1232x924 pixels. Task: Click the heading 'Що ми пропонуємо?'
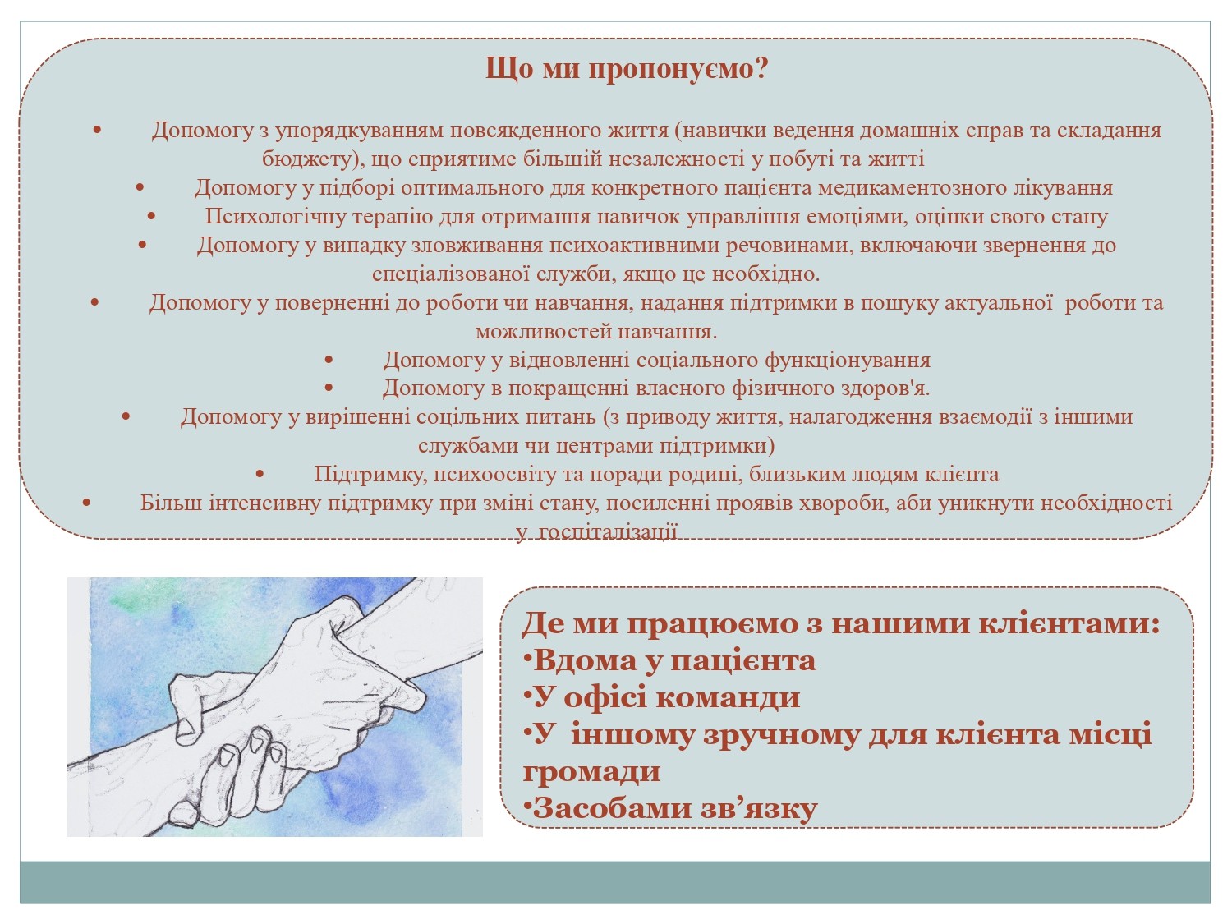click(627, 69)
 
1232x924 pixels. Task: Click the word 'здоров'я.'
click(884, 388)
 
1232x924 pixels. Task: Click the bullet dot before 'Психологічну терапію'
click(153, 217)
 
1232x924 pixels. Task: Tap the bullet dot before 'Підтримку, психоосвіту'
click(260, 475)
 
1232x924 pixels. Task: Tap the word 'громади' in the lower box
click(591, 771)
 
